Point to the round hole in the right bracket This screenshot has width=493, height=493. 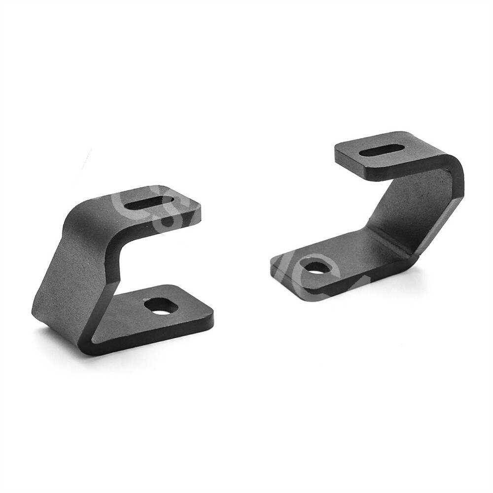point(316,268)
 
